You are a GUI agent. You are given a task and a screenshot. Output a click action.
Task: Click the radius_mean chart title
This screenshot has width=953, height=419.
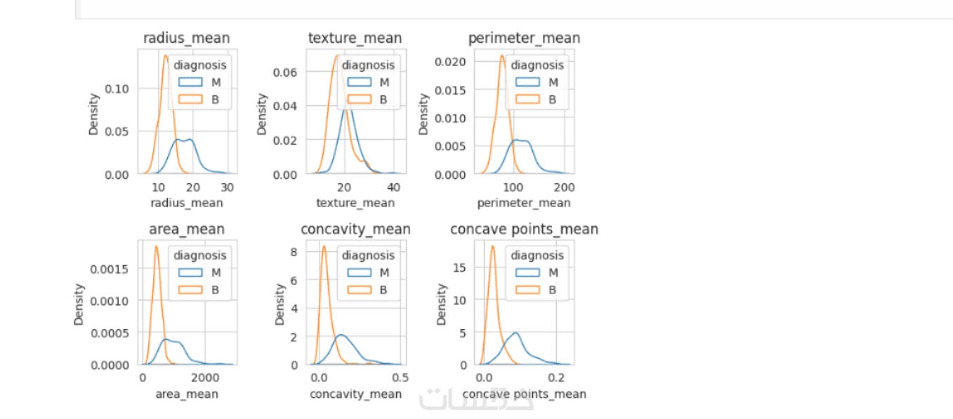(x=186, y=39)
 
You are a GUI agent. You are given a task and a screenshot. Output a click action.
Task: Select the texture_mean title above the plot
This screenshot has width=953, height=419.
(x=355, y=39)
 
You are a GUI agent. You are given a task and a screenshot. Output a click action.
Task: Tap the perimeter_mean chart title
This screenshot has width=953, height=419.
(x=524, y=39)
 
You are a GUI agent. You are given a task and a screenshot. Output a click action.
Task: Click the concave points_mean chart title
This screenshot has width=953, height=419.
(x=524, y=230)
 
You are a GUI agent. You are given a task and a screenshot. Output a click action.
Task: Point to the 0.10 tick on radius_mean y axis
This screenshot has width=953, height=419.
(x=117, y=89)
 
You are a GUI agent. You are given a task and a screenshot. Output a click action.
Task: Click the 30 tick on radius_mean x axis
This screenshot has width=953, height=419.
(x=227, y=187)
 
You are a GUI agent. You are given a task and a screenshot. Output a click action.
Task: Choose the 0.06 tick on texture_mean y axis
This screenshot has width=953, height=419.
(x=285, y=72)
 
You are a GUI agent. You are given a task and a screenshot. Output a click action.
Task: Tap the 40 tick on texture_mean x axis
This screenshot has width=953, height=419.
(x=393, y=187)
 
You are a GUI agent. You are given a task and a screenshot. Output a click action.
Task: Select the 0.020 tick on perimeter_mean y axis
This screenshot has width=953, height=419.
(x=450, y=62)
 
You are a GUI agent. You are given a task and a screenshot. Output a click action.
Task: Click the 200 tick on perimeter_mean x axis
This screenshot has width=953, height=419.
(x=564, y=187)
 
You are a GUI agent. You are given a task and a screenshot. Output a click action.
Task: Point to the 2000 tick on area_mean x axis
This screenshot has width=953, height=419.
(x=205, y=378)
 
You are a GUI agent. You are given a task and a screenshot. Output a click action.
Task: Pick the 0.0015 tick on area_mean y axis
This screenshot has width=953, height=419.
(x=110, y=270)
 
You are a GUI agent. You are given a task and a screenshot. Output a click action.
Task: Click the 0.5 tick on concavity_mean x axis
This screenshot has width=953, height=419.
(x=400, y=378)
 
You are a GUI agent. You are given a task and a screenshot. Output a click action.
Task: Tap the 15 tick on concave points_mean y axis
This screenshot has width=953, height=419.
(x=459, y=267)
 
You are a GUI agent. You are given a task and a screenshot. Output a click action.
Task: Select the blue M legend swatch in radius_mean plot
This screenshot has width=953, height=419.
(x=190, y=82)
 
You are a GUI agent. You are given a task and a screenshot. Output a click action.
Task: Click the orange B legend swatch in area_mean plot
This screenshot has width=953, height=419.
(x=190, y=290)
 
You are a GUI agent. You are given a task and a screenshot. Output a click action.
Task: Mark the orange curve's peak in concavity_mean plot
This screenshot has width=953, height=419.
(x=324, y=246)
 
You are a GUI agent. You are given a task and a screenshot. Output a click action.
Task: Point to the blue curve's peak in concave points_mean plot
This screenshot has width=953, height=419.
(x=515, y=333)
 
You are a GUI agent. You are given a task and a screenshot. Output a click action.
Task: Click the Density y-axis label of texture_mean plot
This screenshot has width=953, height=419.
(x=262, y=114)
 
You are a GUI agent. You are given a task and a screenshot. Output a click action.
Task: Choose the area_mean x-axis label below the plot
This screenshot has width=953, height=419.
(x=187, y=394)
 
